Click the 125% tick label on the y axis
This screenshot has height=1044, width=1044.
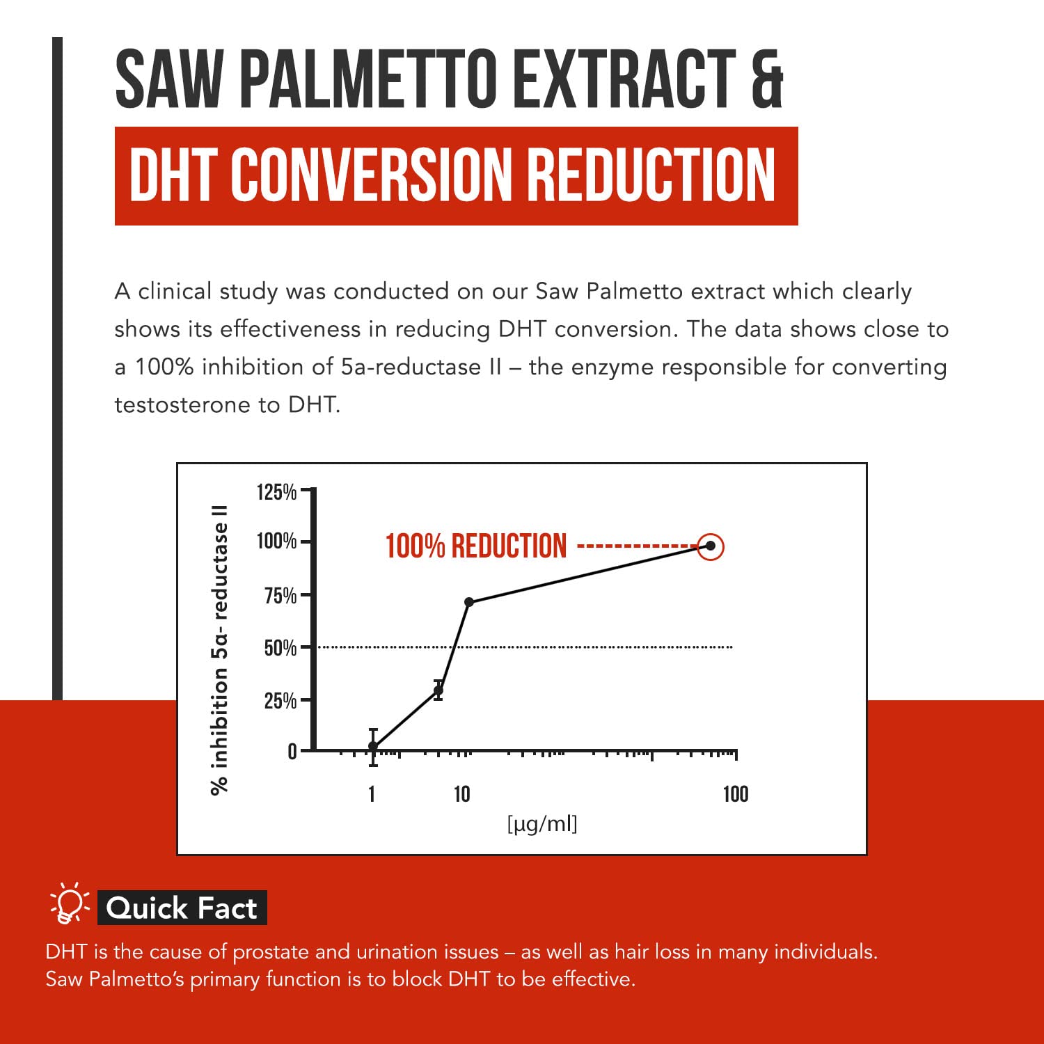[x=276, y=492]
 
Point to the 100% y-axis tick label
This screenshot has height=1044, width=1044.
[x=276, y=541]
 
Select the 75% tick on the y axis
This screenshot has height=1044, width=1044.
[x=280, y=596]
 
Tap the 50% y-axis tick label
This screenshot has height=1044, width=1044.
[x=280, y=648]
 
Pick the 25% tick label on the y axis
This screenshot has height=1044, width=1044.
[x=280, y=700]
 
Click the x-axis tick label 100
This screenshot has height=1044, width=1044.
[x=735, y=794]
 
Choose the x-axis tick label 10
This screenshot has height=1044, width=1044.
[x=461, y=794]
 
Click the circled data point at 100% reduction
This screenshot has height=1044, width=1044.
[x=710, y=546]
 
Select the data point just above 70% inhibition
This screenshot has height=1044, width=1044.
[x=469, y=602]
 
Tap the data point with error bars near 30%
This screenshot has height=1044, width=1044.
[x=438, y=690]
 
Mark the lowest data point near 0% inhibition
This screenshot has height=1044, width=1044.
[x=373, y=747]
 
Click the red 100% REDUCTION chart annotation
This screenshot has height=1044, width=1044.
[x=476, y=546]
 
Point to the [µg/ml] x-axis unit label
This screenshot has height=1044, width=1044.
[x=542, y=824]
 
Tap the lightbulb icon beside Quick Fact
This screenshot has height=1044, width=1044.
[x=69, y=904]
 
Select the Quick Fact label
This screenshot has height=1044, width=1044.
[x=182, y=908]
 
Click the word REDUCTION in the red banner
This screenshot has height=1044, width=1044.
[x=651, y=176]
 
